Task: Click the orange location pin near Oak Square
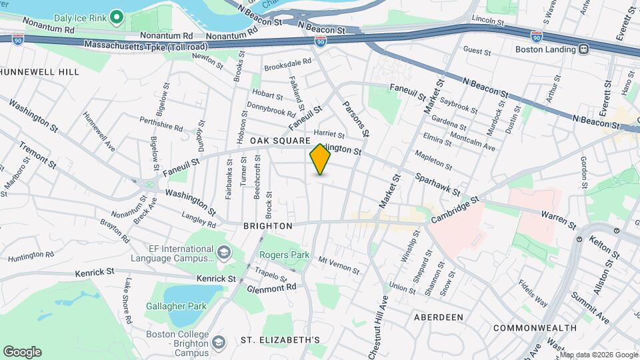(320, 159)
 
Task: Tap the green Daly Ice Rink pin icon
(117, 16)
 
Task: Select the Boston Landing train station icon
(583, 49)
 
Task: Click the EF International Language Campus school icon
(223, 253)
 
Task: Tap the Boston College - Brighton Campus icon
(218, 342)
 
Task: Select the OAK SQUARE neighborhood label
(281, 141)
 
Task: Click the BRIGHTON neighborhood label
(267, 226)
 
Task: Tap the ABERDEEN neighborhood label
(438, 317)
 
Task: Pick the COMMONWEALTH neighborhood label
(535, 328)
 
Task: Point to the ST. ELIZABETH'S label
(280, 340)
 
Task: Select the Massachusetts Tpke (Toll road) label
(146, 45)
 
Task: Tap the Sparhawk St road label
(437, 185)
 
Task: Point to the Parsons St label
(353, 115)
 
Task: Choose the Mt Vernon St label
(339, 265)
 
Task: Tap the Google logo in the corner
(22, 352)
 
